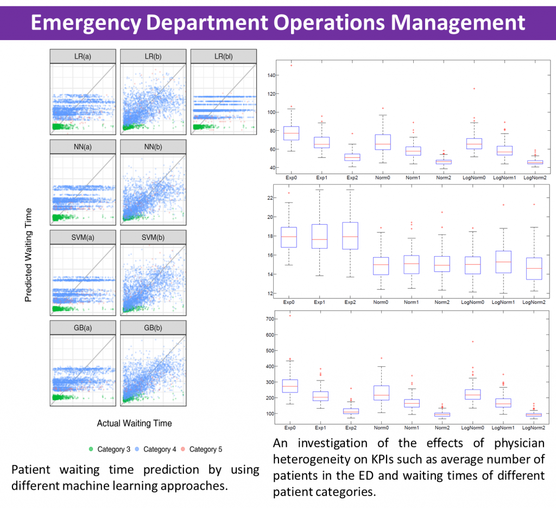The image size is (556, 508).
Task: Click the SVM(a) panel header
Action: [83, 237]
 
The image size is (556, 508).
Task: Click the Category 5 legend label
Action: [206, 449]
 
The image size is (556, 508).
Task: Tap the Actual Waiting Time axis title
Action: [134, 423]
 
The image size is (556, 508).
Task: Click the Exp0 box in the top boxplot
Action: [291, 133]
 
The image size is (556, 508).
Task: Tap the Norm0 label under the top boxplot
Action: [383, 177]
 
